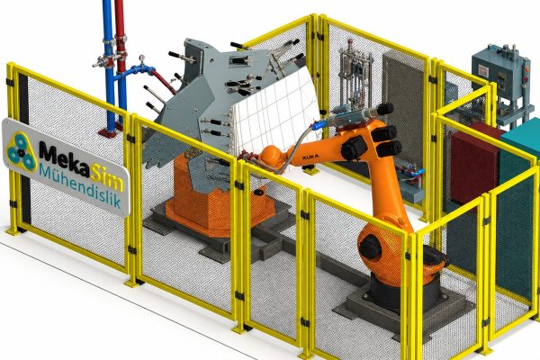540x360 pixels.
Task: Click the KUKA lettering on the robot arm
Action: point(310,157)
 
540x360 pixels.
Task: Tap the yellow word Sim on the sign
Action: point(107,178)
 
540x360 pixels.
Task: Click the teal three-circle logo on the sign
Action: point(21,152)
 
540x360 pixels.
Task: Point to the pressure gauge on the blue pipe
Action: point(141,59)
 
